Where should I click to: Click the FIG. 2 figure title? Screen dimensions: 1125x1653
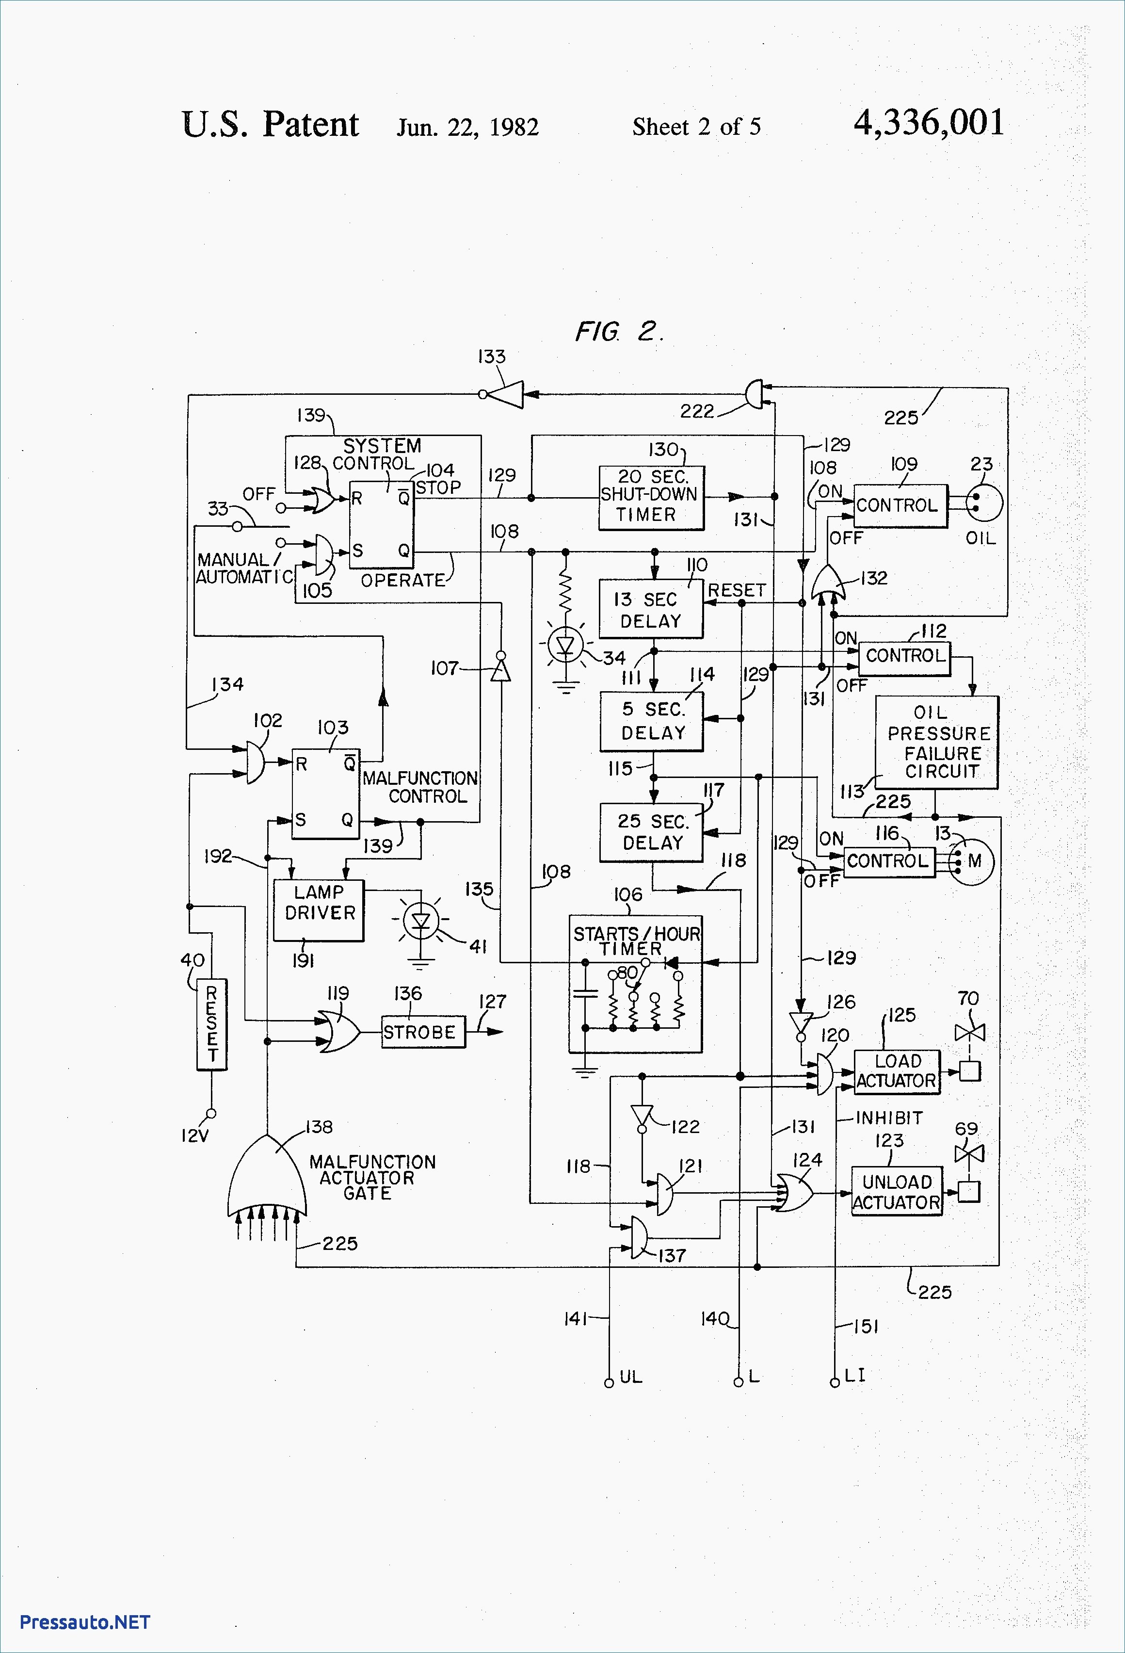coord(619,331)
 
